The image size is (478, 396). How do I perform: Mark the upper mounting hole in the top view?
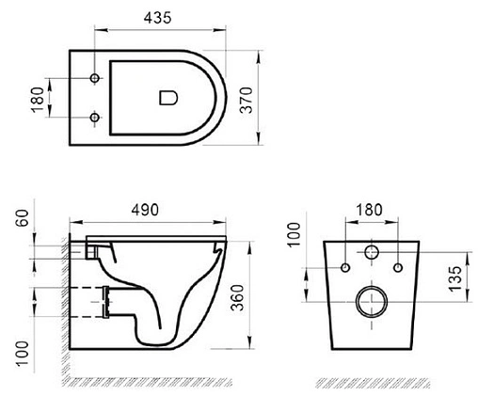click(96, 72)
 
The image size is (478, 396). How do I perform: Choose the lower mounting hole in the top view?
click(96, 117)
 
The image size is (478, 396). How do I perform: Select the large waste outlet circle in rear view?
click(370, 302)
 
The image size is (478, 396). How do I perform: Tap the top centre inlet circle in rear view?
click(370, 252)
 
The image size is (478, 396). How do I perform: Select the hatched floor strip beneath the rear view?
click(370, 385)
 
